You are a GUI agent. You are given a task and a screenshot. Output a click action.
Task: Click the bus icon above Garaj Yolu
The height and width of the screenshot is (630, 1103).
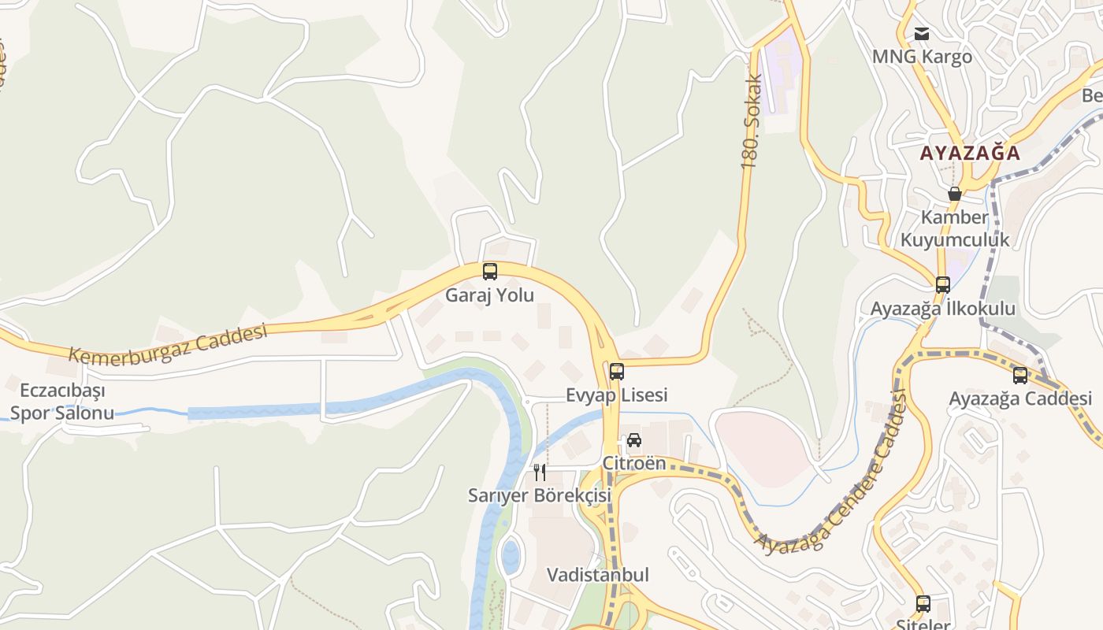point(490,272)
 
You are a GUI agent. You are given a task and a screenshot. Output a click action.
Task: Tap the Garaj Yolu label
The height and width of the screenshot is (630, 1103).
point(490,296)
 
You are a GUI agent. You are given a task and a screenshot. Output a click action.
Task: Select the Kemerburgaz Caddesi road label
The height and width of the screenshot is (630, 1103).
point(168,343)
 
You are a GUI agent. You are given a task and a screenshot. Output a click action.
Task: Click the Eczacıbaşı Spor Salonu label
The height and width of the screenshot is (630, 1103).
point(62,402)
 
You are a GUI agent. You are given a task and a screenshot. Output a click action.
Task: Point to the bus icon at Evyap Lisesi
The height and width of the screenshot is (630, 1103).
point(617,371)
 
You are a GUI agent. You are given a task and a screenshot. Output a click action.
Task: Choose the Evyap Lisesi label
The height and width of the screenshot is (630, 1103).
point(617,395)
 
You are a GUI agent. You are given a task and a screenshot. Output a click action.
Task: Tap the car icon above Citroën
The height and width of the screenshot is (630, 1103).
point(634,440)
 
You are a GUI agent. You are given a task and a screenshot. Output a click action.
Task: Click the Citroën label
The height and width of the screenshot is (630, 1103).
point(634,463)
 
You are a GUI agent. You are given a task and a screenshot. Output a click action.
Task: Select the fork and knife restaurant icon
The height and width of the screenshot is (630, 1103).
point(540,472)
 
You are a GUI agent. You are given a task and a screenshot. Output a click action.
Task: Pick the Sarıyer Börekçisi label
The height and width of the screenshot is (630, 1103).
point(540,496)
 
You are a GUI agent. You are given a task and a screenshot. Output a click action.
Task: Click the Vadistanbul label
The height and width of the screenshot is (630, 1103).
point(598,575)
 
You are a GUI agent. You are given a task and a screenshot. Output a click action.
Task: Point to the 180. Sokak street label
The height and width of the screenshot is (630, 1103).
point(752,121)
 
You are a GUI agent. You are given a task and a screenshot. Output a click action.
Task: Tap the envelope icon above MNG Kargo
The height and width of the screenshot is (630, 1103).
point(922,33)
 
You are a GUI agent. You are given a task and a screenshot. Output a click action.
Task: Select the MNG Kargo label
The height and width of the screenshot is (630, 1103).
point(922,57)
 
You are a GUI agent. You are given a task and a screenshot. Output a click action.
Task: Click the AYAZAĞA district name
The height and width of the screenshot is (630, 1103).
point(970,153)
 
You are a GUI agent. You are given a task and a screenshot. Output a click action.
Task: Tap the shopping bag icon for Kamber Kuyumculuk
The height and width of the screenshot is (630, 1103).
point(955,194)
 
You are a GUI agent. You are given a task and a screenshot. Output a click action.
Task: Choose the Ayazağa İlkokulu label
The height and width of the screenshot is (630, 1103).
point(943,309)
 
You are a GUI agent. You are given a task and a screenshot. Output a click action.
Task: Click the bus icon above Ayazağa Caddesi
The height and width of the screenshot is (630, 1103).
point(1020,376)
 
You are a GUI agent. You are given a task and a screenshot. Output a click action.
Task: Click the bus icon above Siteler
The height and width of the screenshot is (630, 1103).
point(923,604)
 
